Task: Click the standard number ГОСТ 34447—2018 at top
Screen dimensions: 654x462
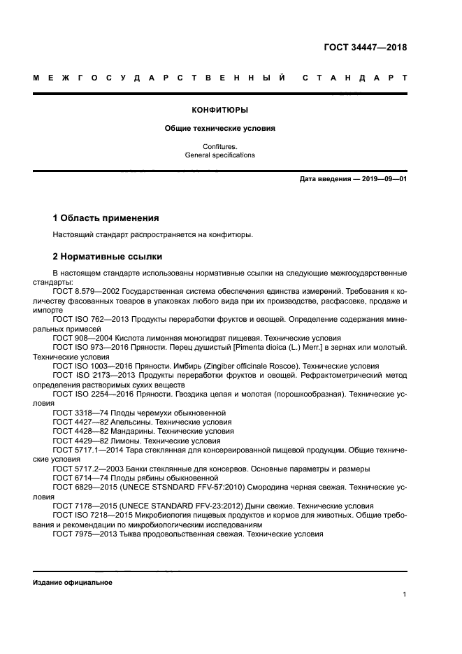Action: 366,48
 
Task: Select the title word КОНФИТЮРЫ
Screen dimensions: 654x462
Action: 220,110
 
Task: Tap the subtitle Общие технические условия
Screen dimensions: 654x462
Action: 220,129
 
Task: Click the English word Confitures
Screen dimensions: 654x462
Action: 220,146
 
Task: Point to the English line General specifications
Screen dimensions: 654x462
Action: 220,155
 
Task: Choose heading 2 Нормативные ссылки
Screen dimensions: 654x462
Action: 107,257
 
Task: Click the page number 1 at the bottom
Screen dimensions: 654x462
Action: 405,595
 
